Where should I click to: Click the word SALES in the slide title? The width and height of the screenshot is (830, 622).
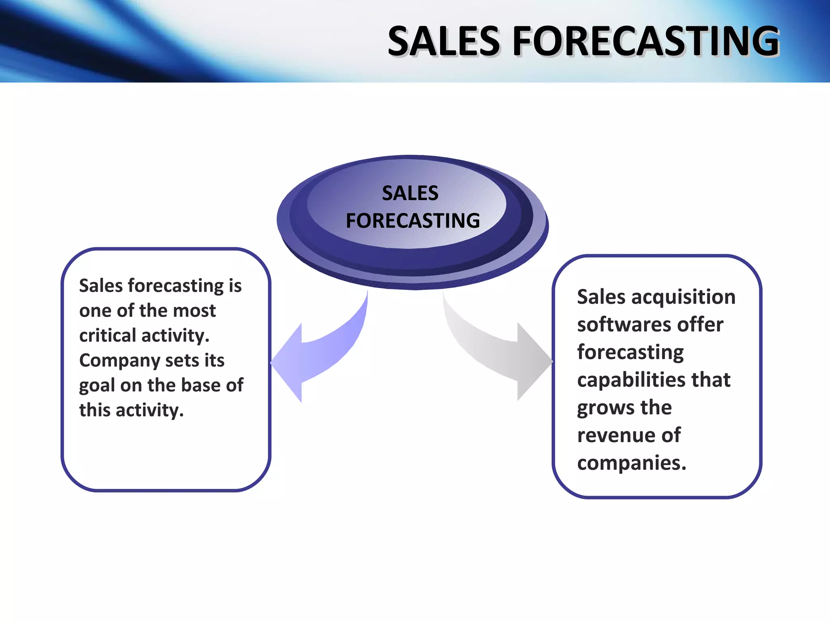click(x=444, y=41)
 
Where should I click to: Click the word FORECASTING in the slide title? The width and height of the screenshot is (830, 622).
click(x=646, y=41)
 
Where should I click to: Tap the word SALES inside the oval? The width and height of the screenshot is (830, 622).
click(x=410, y=193)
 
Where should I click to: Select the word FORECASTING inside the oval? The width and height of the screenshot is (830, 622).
click(x=413, y=221)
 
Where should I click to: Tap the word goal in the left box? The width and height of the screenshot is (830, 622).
click(x=96, y=386)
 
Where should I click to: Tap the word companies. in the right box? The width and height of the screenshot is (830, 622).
click(x=631, y=463)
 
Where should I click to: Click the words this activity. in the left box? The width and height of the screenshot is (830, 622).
click(x=131, y=410)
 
